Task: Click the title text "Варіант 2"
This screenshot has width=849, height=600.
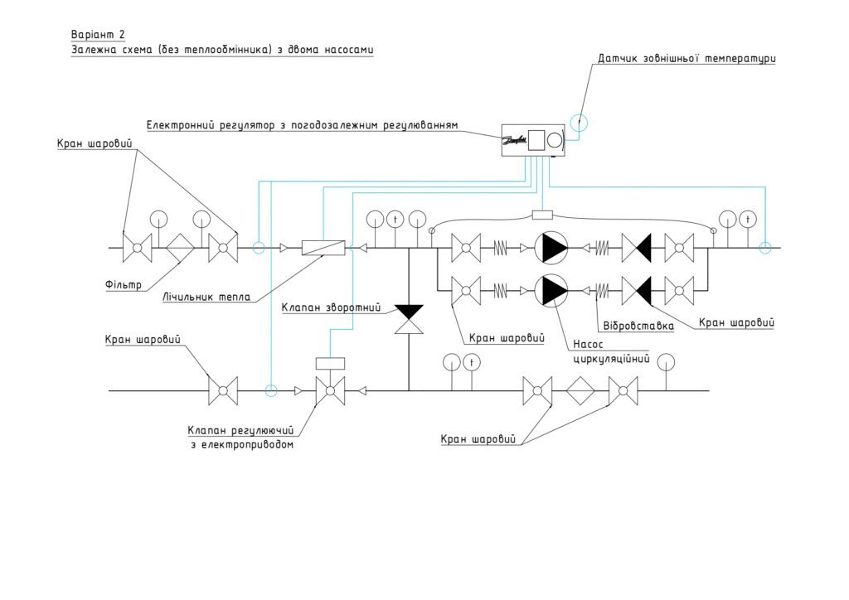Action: coord(98,35)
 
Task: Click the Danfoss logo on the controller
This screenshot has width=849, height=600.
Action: coord(515,140)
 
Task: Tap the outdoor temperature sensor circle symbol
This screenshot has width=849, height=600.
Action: coord(579,123)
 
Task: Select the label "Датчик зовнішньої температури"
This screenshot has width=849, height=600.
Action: coord(686,58)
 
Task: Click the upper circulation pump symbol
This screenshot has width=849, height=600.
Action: coord(551,249)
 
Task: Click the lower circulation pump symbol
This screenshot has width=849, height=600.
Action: coord(551,290)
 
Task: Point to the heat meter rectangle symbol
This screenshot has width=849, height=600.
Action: coord(323,248)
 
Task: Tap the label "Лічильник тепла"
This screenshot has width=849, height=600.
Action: coord(206,297)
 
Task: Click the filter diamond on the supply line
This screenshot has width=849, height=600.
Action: coord(180,249)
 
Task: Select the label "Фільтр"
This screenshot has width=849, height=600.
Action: coord(124,284)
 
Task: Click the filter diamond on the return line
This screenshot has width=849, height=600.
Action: coord(580,390)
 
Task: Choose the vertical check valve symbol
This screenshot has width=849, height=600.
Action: coord(409,319)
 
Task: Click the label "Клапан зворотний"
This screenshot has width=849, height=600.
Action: coord(331,307)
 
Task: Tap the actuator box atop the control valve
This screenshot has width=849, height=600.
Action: coord(330,363)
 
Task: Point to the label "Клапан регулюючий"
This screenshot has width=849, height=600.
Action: coord(240,430)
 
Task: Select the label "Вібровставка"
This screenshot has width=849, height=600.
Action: coord(638,326)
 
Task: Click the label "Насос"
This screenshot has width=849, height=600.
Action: coord(588,344)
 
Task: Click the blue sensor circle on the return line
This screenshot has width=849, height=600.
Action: coord(271,390)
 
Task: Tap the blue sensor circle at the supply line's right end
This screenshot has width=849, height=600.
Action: coord(764,248)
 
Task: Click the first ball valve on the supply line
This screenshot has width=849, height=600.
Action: coord(138,249)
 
